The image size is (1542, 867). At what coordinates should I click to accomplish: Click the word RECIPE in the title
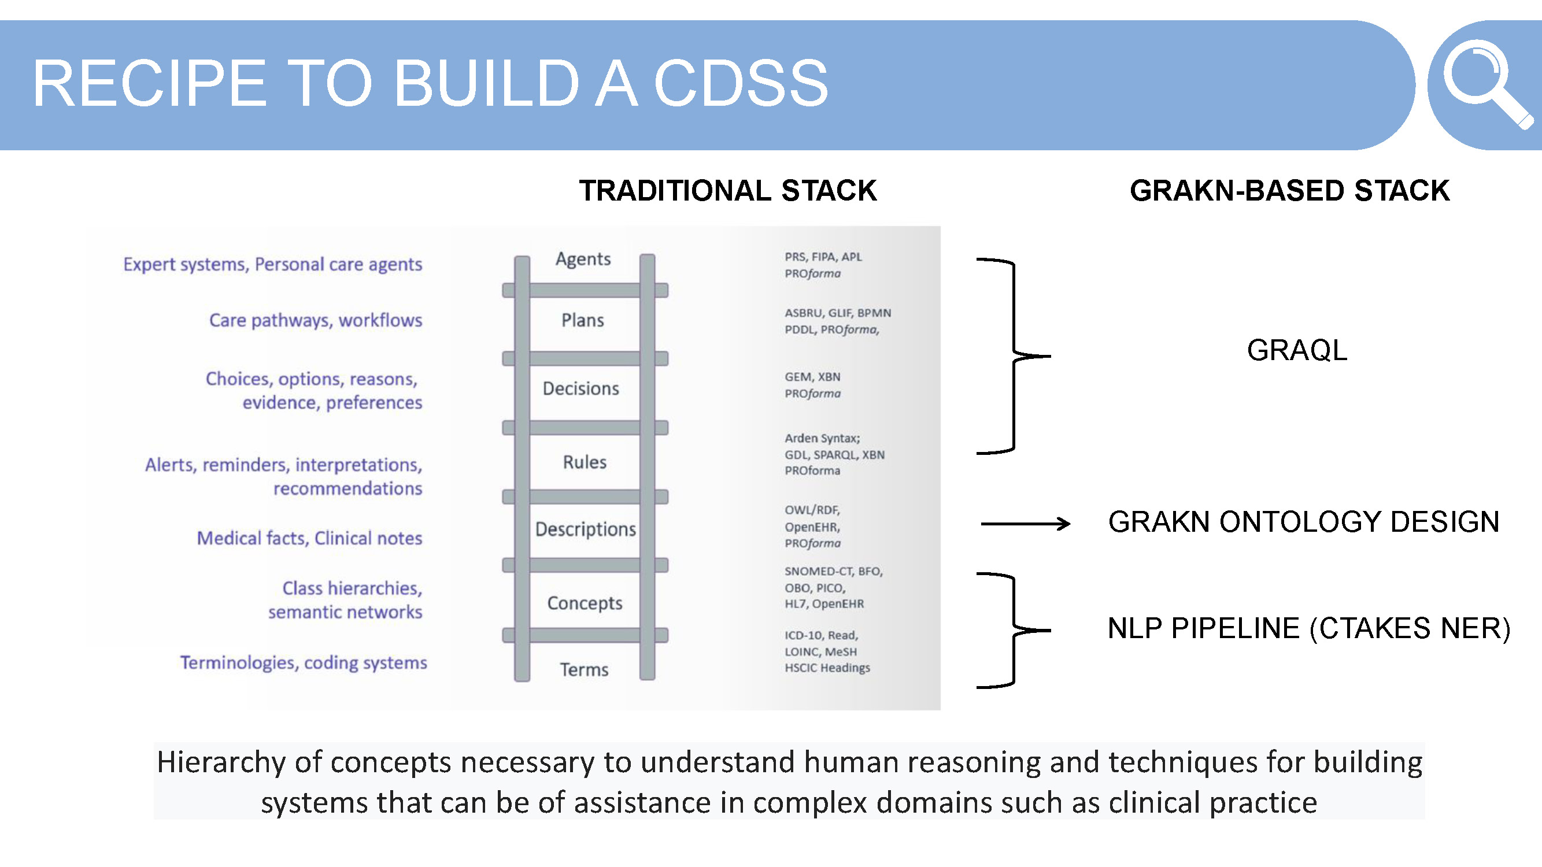(x=149, y=84)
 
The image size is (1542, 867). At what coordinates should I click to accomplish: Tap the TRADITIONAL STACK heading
(x=727, y=191)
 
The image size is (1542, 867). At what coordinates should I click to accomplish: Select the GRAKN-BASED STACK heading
(x=1289, y=191)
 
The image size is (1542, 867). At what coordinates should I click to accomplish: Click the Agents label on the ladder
(x=582, y=259)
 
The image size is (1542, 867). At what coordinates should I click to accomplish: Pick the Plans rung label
(x=582, y=320)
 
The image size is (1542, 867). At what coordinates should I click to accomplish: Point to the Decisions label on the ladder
(x=580, y=389)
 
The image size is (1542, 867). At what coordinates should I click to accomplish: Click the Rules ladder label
(x=584, y=462)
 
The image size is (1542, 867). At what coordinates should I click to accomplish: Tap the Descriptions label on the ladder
(x=585, y=529)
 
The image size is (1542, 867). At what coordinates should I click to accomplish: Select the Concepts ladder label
(x=584, y=603)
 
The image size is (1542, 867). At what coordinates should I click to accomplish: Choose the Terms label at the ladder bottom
(x=583, y=669)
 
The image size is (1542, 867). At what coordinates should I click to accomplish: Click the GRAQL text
(x=1297, y=350)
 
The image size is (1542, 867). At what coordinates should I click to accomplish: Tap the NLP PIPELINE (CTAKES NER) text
(x=1308, y=628)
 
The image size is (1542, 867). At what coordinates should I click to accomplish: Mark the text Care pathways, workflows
(x=316, y=320)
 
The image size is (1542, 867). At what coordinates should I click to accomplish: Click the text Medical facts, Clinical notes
(x=309, y=538)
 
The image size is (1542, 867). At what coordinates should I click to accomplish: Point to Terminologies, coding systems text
(x=304, y=662)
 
